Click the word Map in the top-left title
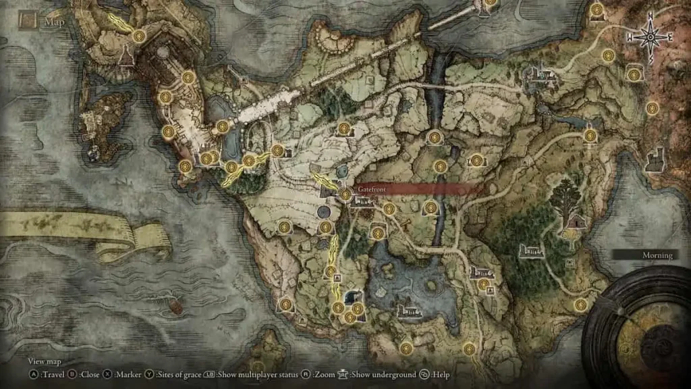pos(54,22)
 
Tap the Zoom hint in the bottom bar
pos(326,374)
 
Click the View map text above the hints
pos(44,362)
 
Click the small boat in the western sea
pos(175,307)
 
